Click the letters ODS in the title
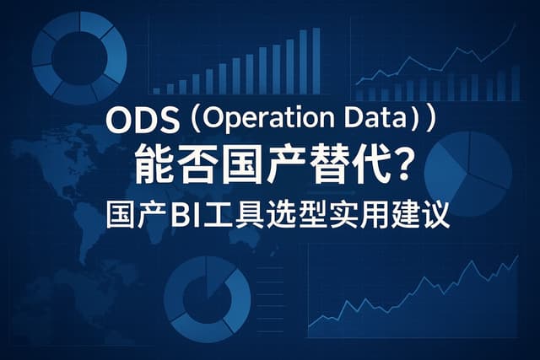pyautogui.click(x=143, y=121)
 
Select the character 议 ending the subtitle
pyautogui.click(x=437, y=216)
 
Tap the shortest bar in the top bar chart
pyautogui.click(x=156, y=91)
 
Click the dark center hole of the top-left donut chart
pyautogui.click(x=79, y=58)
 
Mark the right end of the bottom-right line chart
pyautogui.click(x=518, y=255)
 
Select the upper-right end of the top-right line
pyautogui.click(x=516, y=24)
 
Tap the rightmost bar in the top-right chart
pyautogui.click(x=516, y=83)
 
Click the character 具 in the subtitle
pyautogui.click(x=248, y=216)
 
